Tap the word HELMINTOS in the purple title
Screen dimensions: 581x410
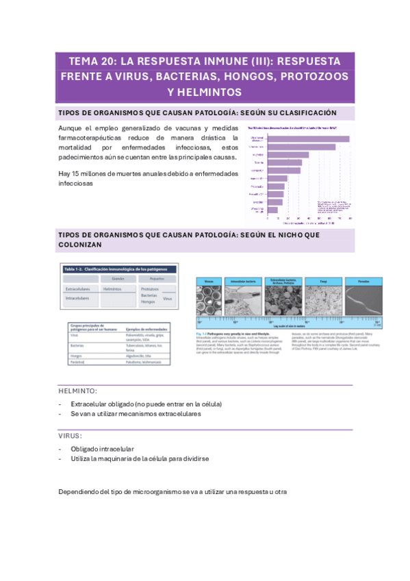[205, 91]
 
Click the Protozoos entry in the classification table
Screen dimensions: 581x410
[151, 288]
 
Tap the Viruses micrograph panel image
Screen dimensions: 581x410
[214, 299]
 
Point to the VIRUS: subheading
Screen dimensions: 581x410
[71, 435]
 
